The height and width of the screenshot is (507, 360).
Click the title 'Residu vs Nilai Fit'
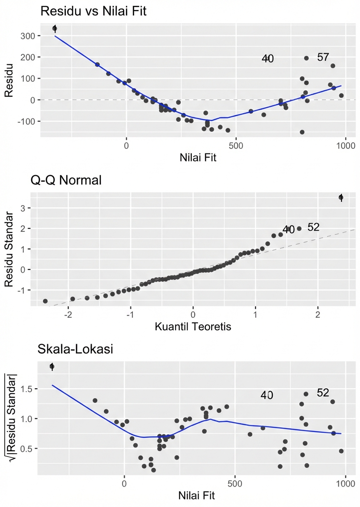[93, 12]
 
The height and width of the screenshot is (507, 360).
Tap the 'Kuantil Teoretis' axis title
[193, 327]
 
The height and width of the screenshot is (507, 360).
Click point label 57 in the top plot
[323, 58]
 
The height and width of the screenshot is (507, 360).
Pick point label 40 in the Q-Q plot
[288, 230]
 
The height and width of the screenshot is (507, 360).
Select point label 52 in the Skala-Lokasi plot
[323, 393]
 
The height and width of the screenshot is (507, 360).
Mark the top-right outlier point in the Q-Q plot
[341, 197]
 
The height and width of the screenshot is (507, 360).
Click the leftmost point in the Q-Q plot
[45, 301]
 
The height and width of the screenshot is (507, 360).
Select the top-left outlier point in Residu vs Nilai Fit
[55, 28]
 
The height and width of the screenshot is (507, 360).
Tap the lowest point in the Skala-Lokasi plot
[153, 470]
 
